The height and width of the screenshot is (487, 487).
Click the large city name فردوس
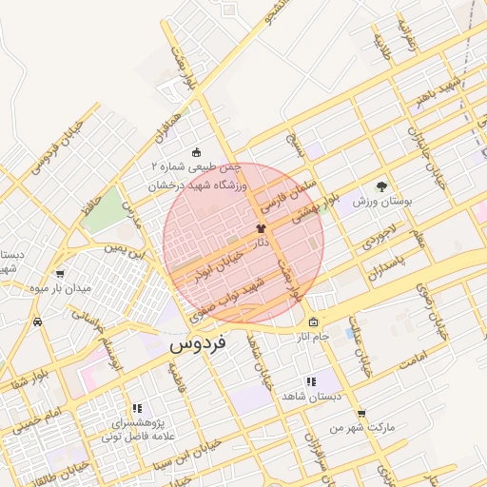tap(197, 344)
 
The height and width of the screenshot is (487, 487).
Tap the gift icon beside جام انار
tap(314, 321)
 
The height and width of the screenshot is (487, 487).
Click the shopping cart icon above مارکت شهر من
tap(360, 413)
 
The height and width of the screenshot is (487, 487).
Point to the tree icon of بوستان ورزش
tap(381, 186)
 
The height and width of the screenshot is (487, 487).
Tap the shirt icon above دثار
tap(261, 229)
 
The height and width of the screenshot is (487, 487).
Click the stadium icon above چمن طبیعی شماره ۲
tap(196, 152)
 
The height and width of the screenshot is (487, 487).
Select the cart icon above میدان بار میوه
tap(61, 273)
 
